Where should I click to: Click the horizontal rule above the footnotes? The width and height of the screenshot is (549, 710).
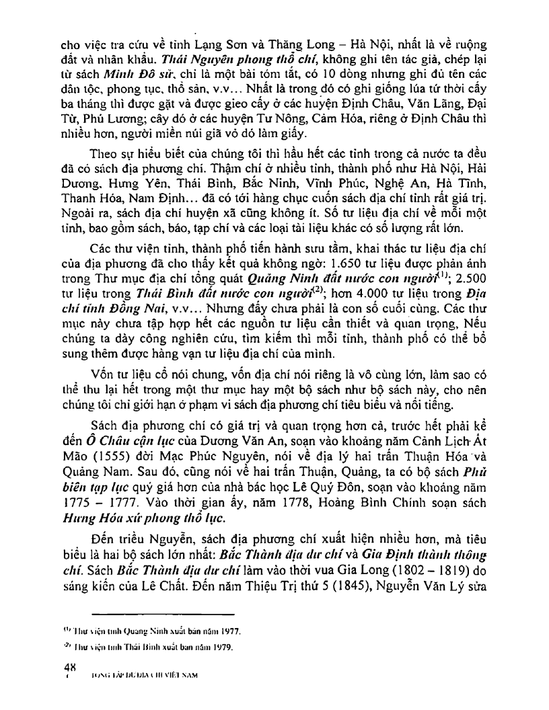(163, 613)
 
